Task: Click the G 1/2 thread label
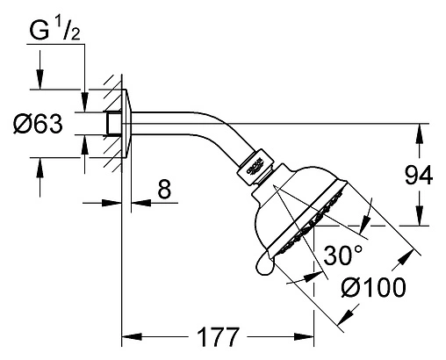(54, 31)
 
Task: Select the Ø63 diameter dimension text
(38, 124)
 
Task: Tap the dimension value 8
(164, 189)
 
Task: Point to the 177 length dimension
(218, 337)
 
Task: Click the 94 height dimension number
(419, 176)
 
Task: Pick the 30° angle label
(343, 256)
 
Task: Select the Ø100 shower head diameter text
(374, 287)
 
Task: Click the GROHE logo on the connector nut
(255, 167)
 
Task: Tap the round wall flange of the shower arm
(126, 124)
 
